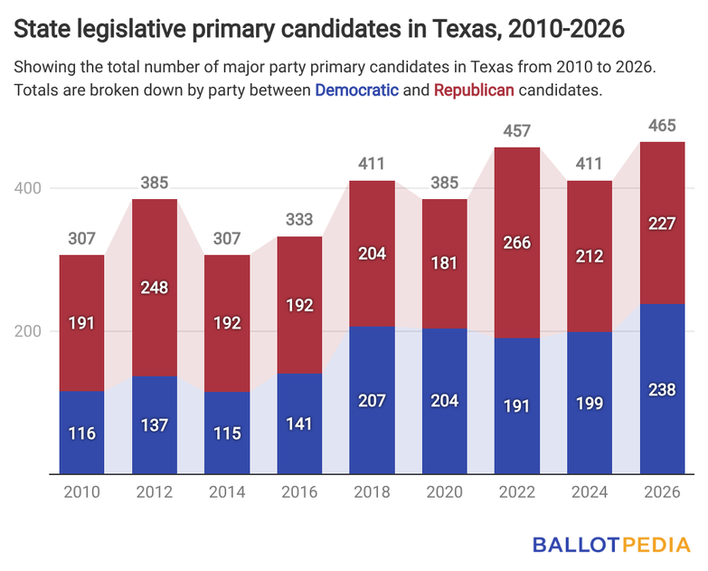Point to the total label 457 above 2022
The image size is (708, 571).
click(517, 129)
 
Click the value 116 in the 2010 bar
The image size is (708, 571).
click(82, 433)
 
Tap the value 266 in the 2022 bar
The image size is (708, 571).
click(517, 243)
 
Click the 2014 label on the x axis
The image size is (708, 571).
click(227, 493)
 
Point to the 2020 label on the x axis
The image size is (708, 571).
click(445, 493)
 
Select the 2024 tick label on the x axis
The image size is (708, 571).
click(590, 493)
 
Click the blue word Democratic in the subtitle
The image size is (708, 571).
click(357, 90)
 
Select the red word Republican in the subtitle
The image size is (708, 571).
click(474, 90)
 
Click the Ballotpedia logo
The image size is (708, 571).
click(610, 545)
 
